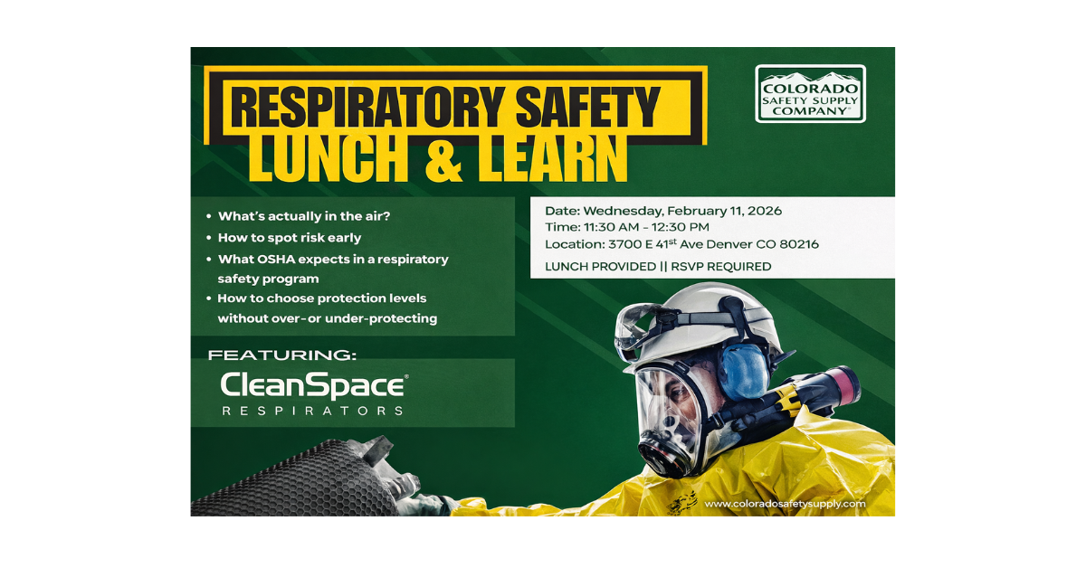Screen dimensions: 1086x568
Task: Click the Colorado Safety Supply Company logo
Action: (810, 93)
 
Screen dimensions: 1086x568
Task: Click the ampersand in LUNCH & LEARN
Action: (443, 158)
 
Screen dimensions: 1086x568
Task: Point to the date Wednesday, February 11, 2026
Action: (682, 211)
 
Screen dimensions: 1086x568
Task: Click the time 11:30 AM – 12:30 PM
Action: (646, 227)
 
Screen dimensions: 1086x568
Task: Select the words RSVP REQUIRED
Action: (721, 267)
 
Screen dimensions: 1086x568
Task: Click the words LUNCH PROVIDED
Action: (600, 267)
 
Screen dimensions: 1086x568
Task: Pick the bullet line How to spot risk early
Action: (290, 238)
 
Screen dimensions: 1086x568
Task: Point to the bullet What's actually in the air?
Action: (304, 216)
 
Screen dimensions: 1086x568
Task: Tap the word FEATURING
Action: (281, 355)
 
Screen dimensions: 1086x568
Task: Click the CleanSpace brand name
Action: (314, 386)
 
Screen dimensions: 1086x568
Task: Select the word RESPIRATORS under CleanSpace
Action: (312, 411)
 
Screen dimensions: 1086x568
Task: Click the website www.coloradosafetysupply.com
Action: (785, 504)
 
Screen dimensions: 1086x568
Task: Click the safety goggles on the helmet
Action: (640, 327)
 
